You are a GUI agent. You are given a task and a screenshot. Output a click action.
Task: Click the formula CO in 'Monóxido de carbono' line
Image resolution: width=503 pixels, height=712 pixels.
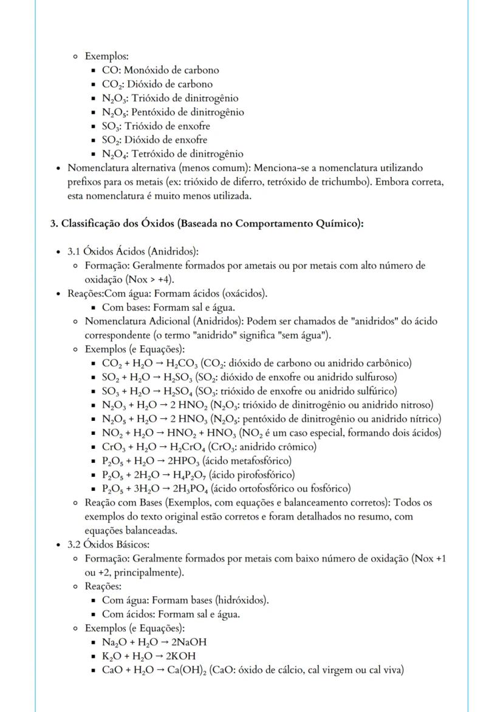109,70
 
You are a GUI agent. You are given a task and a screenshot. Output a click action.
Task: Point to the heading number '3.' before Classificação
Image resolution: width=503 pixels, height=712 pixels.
53,223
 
